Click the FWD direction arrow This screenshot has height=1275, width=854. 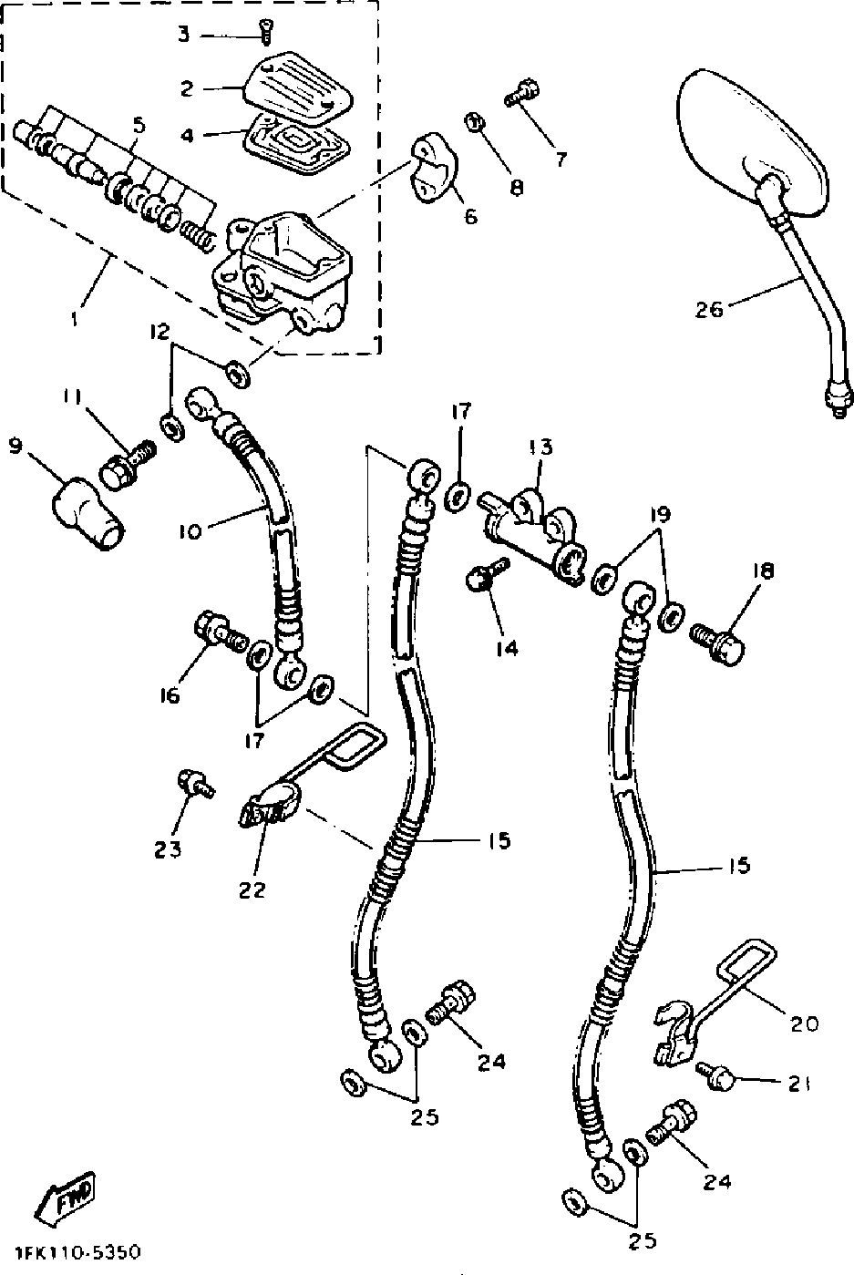coord(66,1196)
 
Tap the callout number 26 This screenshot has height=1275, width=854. coord(709,310)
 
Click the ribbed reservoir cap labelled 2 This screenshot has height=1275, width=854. coord(298,87)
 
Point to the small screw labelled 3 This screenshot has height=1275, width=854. coord(265,32)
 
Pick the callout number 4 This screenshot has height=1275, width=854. coord(187,136)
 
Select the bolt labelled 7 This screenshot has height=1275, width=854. coord(522,93)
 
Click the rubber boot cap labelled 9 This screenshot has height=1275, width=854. coord(87,514)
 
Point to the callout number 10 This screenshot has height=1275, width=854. coord(190,531)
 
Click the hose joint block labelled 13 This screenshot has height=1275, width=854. coord(533,536)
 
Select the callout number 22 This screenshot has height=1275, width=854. coord(252,890)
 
